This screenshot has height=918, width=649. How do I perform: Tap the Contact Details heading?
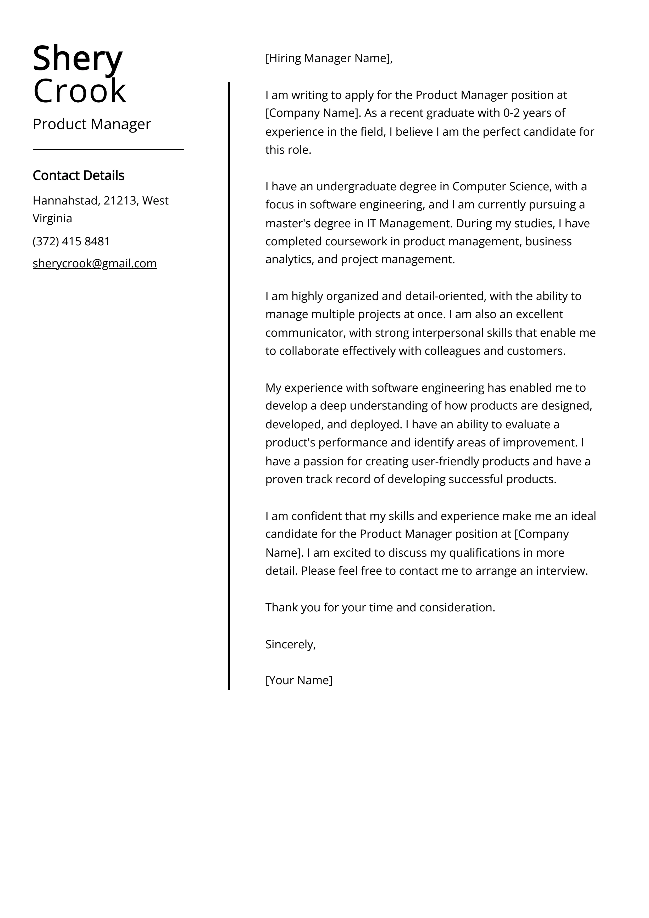[78, 175]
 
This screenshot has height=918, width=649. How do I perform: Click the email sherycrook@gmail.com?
[95, 263]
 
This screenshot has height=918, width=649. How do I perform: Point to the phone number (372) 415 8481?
[71, 241]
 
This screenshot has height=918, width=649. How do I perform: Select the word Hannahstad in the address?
[65, 200]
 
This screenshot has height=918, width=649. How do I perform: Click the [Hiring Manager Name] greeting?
[329, 58]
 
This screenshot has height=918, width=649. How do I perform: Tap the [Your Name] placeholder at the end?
[299, 680]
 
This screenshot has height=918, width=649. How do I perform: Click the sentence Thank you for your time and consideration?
[380, 607]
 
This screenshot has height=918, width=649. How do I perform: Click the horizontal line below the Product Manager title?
[108, 149]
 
